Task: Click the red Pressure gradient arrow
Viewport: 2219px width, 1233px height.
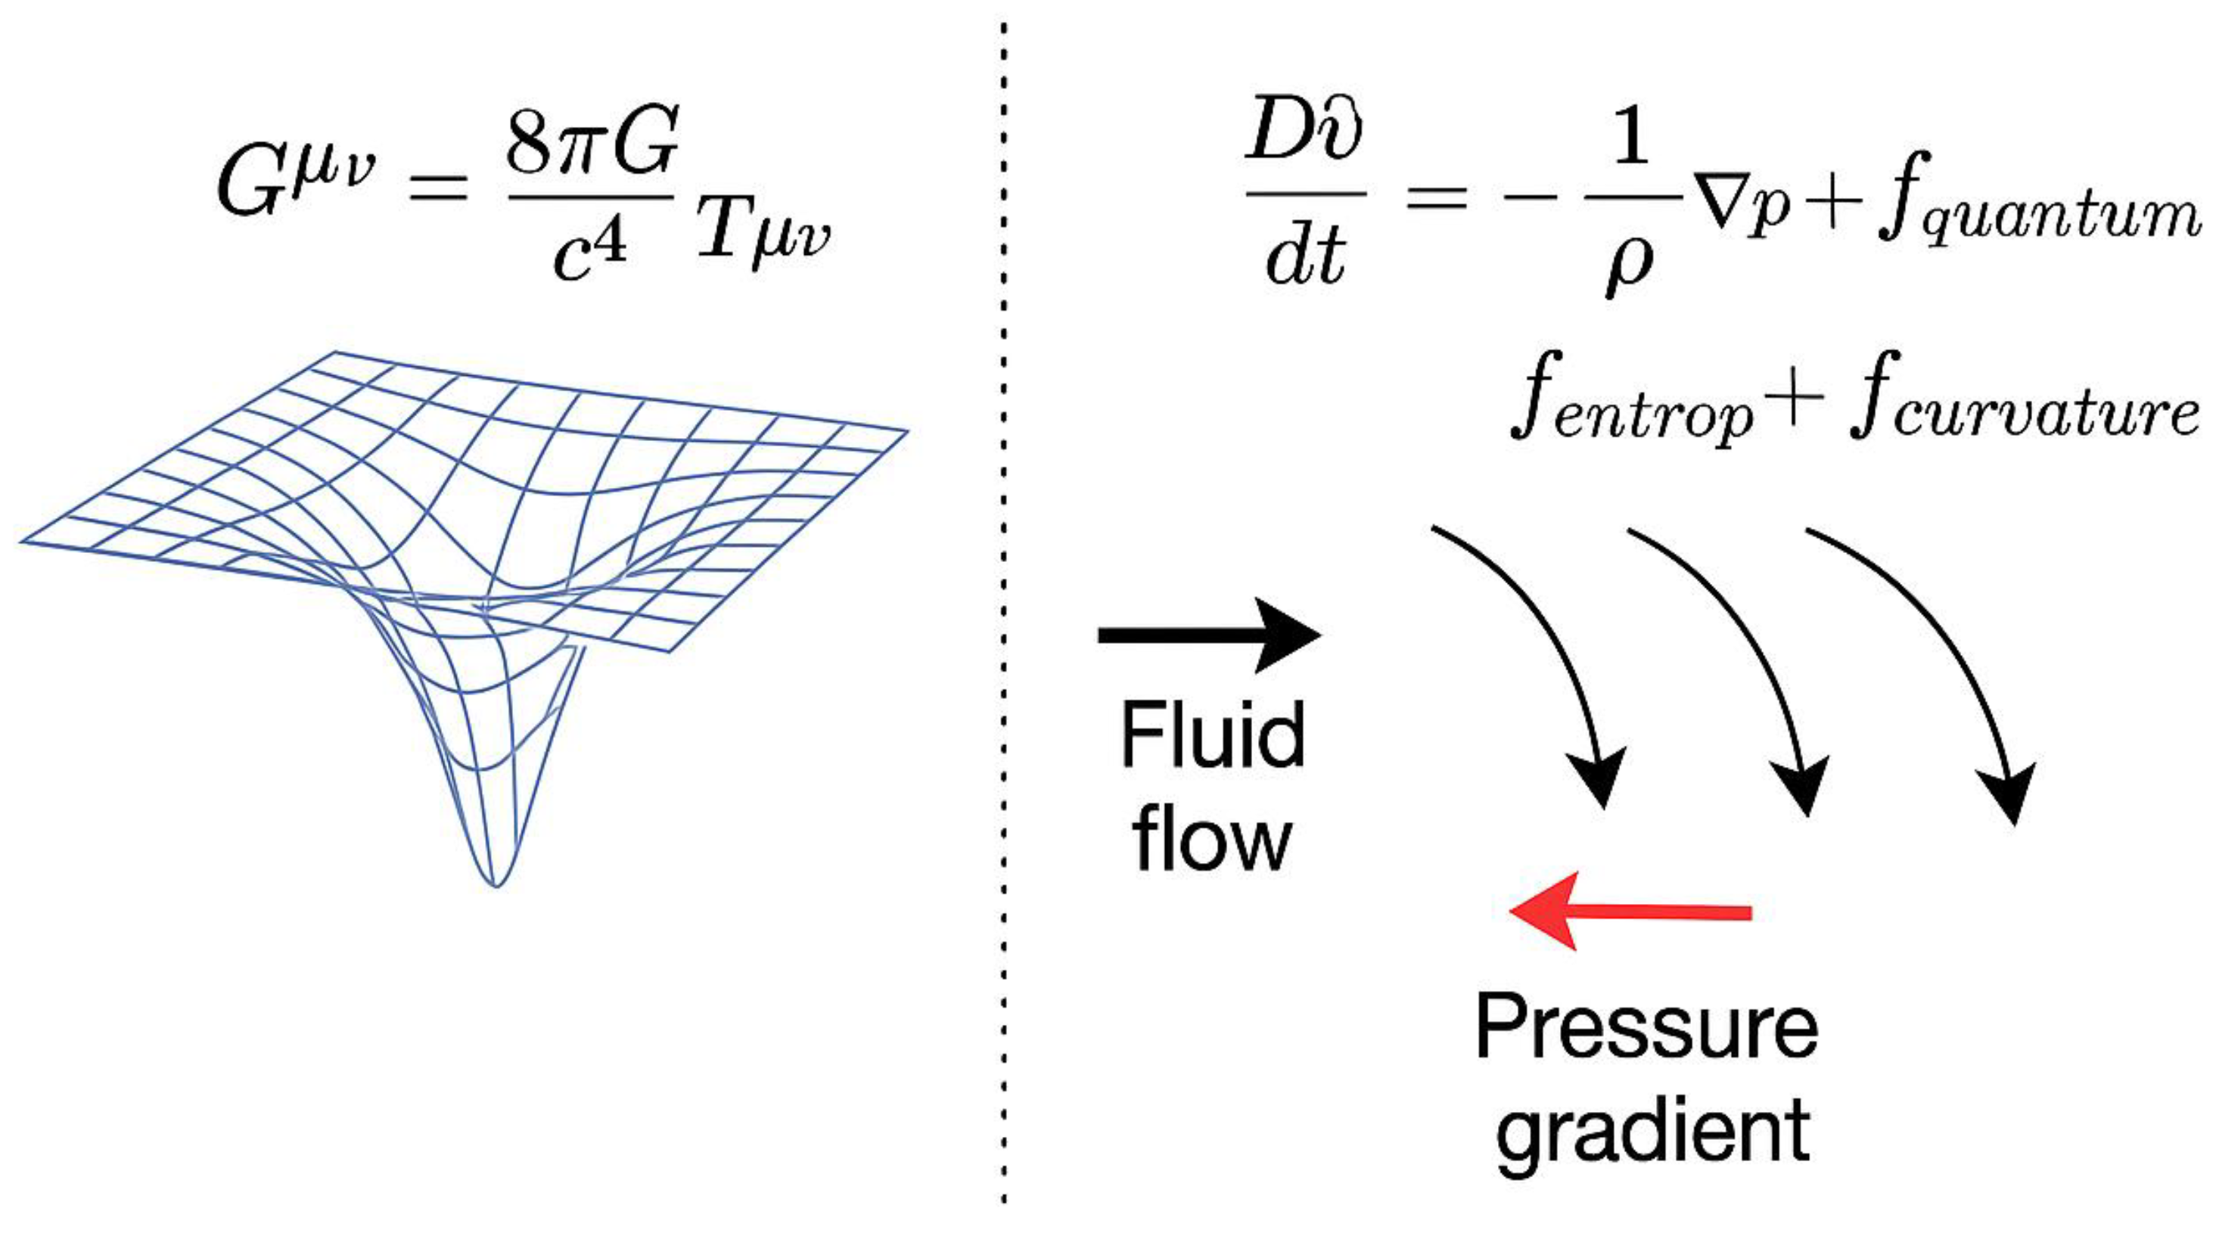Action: tap(1628, 912)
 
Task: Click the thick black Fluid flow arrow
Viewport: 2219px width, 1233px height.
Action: tap(1206, 635)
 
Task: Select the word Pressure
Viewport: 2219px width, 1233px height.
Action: tap(1646, 1026)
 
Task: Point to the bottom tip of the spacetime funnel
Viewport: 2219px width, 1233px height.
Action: tap(496, 883)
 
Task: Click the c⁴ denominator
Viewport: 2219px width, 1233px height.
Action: tap(591, 250)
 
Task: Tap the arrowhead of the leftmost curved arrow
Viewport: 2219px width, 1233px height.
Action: tap(1599, 779)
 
